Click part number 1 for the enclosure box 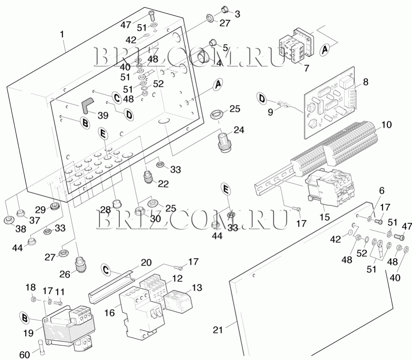coord(62,35)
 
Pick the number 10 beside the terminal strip coord(386,125)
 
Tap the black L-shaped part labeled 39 coord(86,105)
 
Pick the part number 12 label coord(177,278)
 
